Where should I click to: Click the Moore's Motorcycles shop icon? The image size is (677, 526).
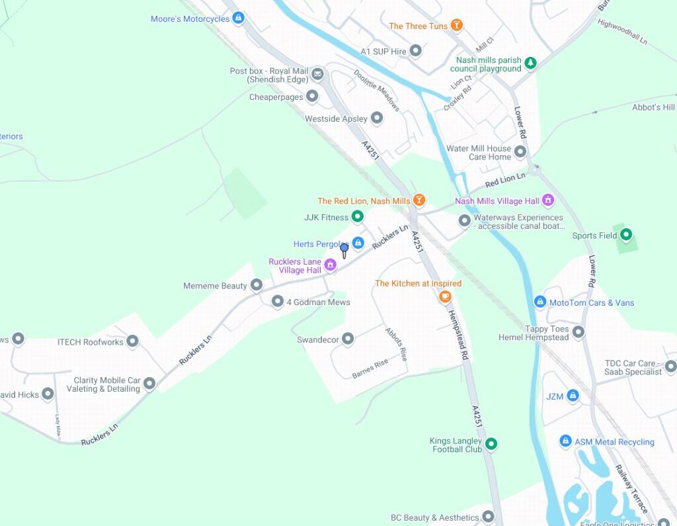click(239, 19)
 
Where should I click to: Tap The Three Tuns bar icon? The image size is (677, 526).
click(456, 26)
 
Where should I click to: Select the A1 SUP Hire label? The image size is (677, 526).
click(383, 51)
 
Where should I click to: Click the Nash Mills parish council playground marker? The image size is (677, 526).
click(530, 64)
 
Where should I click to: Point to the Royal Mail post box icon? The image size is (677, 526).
click(317, 74)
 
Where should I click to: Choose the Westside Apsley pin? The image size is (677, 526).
click(377, 118)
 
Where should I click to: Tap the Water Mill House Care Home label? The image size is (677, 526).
click(479, 153)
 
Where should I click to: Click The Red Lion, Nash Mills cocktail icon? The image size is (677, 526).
click(418, 200)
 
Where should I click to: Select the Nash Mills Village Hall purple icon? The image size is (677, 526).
click(547, 200)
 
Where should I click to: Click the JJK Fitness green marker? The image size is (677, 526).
click(358, 216)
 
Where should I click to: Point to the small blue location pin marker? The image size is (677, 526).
click(344, 249)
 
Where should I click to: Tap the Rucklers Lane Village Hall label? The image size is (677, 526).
click(295, 266)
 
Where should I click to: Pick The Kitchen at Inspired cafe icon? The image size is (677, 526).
click(445, 297)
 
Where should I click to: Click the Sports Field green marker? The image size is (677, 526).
click(626, 234)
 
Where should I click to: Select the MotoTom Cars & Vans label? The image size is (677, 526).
click(592, 303)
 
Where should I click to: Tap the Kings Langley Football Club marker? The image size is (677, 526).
click(491, 444)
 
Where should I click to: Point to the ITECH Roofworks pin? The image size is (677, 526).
click(132, 341)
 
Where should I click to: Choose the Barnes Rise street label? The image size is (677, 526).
click(370, 369)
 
